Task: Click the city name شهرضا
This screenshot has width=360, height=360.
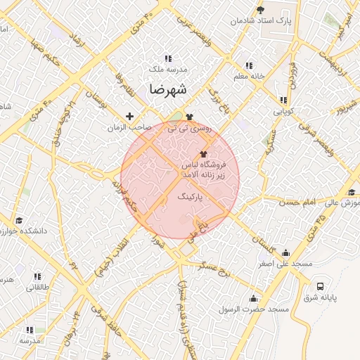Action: click(x=167, y=90)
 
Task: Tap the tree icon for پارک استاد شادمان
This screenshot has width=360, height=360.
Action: click(x=261, y=10)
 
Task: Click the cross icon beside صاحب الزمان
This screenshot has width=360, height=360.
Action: click(x=129, y=116)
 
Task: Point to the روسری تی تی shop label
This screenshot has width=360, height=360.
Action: click(x=187, y=129)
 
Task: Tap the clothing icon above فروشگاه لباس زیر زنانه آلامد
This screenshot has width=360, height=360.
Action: click(x=204, y=153)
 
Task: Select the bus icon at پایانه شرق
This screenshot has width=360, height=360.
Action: click(x=321, y=286)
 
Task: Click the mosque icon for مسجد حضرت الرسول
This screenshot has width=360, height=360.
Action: click(x=252, y=299)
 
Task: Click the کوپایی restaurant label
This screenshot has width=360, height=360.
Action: click(x=283, y=112)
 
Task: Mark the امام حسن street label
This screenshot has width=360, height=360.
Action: click(x=300, y=202)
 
